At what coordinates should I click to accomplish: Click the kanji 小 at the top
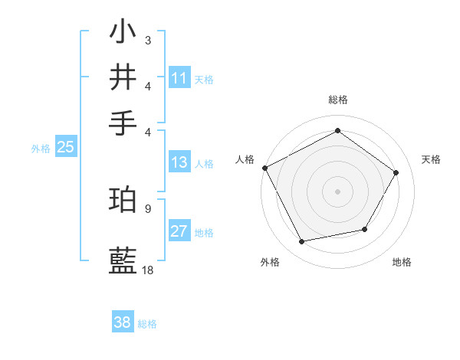123,33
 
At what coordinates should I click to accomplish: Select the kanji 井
123,77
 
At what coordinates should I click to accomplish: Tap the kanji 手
123,122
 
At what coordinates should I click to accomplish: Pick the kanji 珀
123,199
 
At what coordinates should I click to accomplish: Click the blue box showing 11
179,78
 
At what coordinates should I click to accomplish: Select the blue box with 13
179,162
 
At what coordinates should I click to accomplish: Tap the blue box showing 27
179,232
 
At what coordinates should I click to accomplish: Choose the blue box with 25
65,148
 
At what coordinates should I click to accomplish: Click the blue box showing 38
123,322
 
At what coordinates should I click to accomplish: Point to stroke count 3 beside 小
147,39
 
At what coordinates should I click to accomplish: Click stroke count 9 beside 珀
147,208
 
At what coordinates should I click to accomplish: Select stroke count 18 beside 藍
148,270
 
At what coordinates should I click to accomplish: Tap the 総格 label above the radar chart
337,100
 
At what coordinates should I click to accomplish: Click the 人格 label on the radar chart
245,159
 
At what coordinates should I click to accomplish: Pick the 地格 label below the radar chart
402,263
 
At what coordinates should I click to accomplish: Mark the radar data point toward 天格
396,172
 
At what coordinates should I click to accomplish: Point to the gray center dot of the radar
337,191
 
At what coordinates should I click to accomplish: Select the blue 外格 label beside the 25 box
40,149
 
